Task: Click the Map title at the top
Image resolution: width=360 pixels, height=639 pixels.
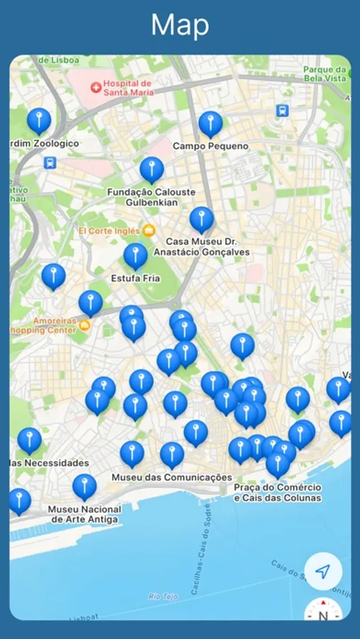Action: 180,26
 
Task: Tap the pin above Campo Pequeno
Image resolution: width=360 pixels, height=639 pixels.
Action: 210,124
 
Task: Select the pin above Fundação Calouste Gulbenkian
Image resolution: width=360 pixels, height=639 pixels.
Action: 151,170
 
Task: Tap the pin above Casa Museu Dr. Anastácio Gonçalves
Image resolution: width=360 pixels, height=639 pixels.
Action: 202,219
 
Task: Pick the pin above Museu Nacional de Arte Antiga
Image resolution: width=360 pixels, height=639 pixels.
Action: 84,486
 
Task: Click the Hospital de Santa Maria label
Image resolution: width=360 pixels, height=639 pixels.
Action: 129,87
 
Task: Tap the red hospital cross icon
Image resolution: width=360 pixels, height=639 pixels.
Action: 95,87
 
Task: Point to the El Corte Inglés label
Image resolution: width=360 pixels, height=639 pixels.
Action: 110,231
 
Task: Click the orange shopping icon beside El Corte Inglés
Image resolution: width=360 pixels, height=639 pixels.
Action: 148,230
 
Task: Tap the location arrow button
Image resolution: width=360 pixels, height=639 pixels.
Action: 323,571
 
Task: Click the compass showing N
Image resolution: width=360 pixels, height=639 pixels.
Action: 323,612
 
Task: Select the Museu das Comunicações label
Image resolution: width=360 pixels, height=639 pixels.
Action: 172,478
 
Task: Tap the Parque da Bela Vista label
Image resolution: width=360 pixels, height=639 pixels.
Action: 327,74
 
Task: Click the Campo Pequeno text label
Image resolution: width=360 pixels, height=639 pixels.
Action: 211,146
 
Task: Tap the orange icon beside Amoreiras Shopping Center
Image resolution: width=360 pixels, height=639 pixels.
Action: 84,325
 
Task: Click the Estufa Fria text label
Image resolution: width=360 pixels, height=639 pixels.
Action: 136,278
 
